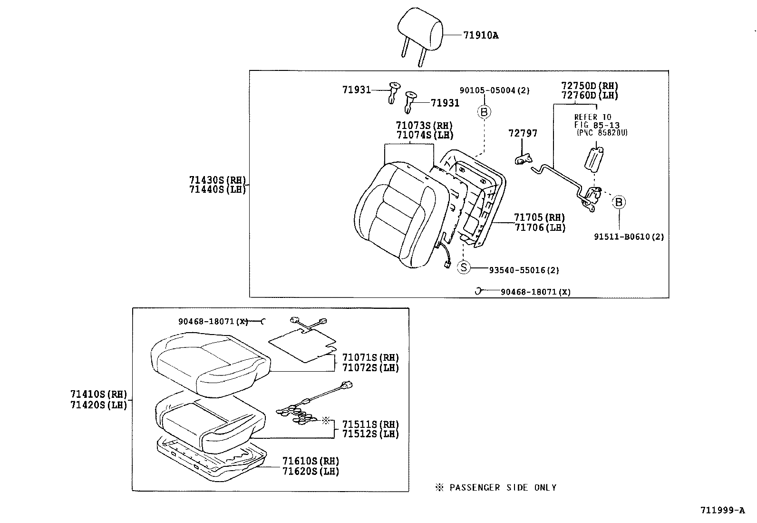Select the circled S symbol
464,267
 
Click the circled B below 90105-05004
484,112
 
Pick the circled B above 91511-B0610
619,202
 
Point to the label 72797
523,133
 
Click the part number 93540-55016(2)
524,270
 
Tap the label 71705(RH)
539,218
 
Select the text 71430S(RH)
217,180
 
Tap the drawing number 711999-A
722,511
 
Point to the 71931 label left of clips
356,89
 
